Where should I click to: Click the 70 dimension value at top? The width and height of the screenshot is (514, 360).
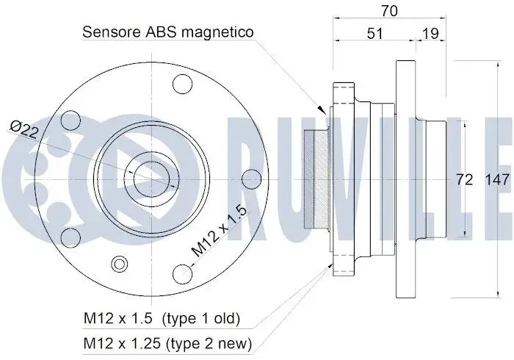(x=389, y=11)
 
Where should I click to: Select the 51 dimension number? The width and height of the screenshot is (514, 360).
(x=374, y=34)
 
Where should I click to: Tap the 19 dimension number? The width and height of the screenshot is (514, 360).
(x=430, y=34)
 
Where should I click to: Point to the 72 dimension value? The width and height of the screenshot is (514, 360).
(x=465, y=180)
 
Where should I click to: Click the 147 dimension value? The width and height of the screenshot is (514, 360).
(x=497, y=180)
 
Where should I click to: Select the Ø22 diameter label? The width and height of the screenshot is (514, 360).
(x=23, y=129)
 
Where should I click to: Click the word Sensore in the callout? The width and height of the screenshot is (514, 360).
(x=112, y=32)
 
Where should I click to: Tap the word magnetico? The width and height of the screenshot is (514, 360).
(x=217, y=32)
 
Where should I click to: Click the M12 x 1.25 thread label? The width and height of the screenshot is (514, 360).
(x=123, y=343)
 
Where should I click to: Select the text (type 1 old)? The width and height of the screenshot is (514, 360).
(x=201, y=318)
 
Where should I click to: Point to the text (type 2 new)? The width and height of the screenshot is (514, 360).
(x=209, y=344)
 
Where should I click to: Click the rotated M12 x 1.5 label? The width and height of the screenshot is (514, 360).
(x=219, y=231)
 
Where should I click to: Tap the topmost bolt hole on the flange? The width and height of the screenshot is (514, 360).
(x=182, y=84)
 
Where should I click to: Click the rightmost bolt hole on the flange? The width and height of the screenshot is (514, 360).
(x=251, y=180)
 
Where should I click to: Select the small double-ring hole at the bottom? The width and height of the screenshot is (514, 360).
(x=120, y=264)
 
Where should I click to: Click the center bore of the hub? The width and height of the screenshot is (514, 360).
(x=152, y=180)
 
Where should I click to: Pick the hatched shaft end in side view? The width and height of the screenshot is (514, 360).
(x=316, y=180)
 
